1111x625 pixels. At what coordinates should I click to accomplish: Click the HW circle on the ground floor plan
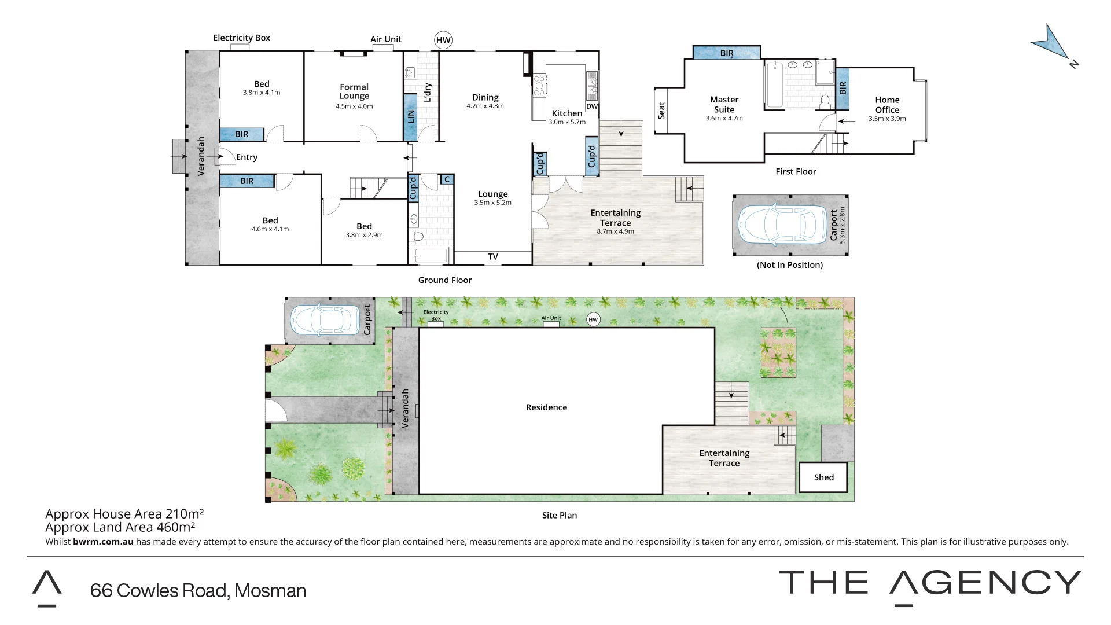pos(443,40)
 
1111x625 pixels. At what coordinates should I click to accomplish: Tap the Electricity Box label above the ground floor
pos(241,38)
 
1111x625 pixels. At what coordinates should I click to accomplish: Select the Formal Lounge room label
pos(354,92)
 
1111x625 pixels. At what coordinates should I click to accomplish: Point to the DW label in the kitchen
pos(592,106)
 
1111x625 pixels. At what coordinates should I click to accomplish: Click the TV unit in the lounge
pos(493,257)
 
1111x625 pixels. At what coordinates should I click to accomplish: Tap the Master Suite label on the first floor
pos(724,105)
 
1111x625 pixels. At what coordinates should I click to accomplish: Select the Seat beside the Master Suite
pos(661,111)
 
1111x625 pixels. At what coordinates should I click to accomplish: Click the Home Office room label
pos(887,105)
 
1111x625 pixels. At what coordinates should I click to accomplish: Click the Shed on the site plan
pos(823,477)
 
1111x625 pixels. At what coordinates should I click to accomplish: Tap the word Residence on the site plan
pos(546,407)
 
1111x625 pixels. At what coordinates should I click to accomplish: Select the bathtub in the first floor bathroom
pos(775,84)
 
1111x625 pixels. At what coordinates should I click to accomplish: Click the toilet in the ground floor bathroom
pos(416,237)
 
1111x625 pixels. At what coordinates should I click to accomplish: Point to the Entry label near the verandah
pos(247,157)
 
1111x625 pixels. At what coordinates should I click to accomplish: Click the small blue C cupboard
pos(447,179)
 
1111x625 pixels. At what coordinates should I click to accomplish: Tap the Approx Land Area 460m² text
pos(120,527)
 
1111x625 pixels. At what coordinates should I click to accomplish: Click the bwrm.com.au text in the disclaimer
pos(103,542)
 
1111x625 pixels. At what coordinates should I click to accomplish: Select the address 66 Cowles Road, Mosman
pos(198,591)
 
